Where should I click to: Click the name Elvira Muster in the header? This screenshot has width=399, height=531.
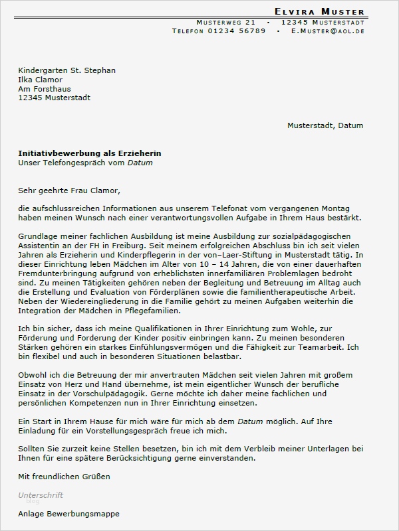click(x=320, y=11)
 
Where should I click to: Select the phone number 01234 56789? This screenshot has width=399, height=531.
click(x=237, y=31)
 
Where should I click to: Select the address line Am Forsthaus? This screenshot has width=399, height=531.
click(x=45, y=89)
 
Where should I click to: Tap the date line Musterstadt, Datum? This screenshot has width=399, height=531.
click(x=325, y=125)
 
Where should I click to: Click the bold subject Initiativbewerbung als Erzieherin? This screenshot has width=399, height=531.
click(x=90, y=153)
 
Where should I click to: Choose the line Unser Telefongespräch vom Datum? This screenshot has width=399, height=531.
click(x=80, y=163)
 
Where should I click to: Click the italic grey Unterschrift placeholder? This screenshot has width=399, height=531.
click(x=41, y=495)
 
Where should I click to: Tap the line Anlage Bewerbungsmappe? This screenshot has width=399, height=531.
click(x=70, y=514)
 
